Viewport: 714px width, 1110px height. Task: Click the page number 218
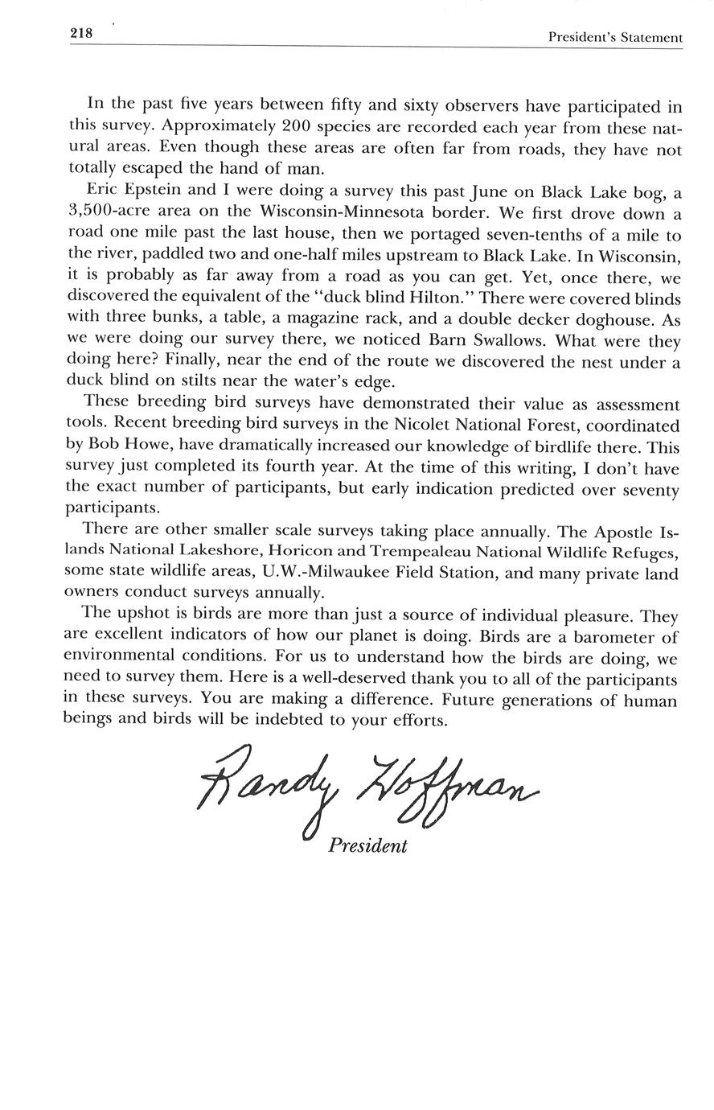click(x=82, y=34)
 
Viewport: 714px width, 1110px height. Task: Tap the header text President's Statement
click(x=615, y=37)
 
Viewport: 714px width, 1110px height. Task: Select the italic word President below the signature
click(x=367, y=846)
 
